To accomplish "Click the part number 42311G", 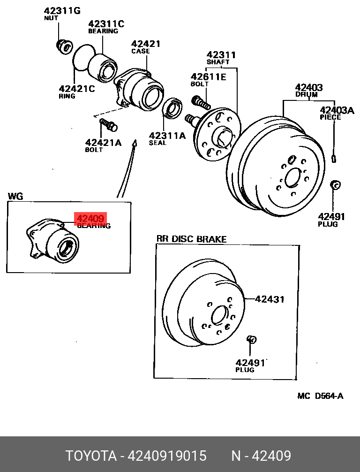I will [x=62, y=10].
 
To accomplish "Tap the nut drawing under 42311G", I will [x=63, y=46].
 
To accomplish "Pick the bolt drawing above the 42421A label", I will [x=109, y=125].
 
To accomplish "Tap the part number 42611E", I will [x=208, y=76].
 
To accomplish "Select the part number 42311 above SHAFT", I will [x=221, y=55].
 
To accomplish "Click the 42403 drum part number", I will [x=308, y=87].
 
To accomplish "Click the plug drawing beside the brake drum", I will [x=335, y=185].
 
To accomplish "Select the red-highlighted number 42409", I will [x=90, y=218].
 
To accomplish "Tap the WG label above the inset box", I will [x=15, y=196].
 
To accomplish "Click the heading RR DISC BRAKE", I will [x=191, y=239].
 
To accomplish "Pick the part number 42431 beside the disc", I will [x=269, y=299].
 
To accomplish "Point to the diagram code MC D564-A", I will [x=320, y=396].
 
